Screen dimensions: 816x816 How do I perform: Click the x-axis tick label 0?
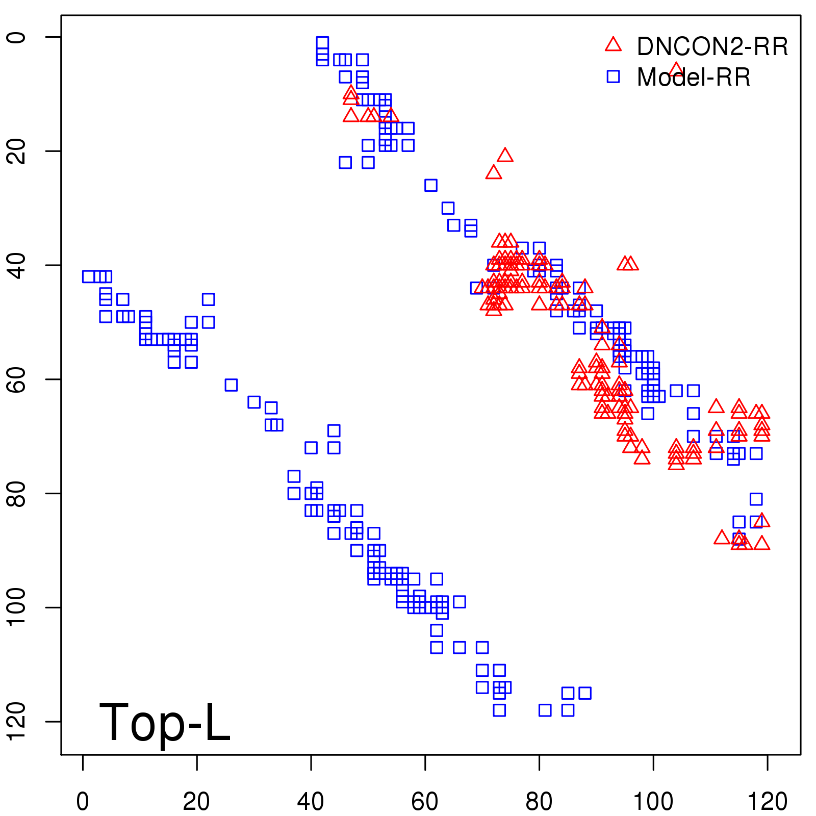tap(83, 802)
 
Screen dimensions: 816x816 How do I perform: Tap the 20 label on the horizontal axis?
tap(196, 802)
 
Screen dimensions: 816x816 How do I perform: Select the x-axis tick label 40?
tap(311, 802)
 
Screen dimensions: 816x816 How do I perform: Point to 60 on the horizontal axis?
tap(425, 802)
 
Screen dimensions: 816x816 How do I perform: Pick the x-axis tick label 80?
tap(539, 802)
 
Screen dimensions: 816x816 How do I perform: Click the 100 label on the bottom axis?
tap(653, 802)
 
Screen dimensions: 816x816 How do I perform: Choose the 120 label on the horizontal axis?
tap(767, 802)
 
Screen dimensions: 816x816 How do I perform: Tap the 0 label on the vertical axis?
tap(16, 37)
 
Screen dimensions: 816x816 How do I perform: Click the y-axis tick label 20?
tap(16, 151)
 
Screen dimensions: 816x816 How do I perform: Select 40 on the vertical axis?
tap(16, 265)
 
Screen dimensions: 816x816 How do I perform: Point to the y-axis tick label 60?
tap(16, 379)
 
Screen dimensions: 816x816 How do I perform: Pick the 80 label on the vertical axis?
tap(16, 493)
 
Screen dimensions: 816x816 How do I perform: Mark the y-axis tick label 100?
tap(16, 607)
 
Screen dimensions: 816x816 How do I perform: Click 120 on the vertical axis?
tap(16, 721)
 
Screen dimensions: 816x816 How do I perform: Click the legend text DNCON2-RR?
tap(712, 47)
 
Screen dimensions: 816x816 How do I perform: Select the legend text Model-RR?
tap(694, 78)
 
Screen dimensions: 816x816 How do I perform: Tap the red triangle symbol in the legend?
tap(613, 45)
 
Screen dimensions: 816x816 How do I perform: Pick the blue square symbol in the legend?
tap(613, 76)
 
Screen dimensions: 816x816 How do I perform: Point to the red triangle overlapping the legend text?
tap(676, 69)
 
